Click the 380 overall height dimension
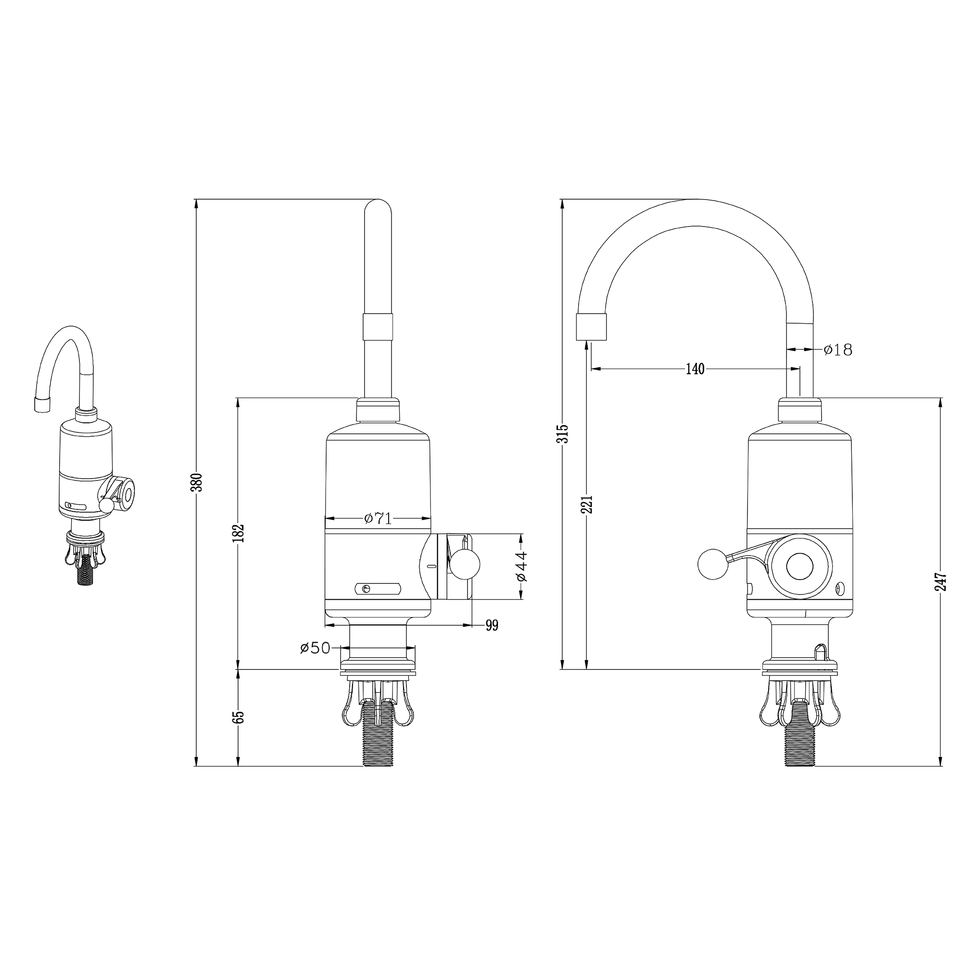point(198,482)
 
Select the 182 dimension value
point(240,533)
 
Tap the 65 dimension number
point(240,717)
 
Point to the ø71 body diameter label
point(378,519)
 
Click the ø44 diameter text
point(522,566)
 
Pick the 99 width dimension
point(492,626)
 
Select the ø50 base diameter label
point(315,648)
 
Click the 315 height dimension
point(564,434)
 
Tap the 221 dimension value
point(589,504)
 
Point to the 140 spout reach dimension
point(695,369)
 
